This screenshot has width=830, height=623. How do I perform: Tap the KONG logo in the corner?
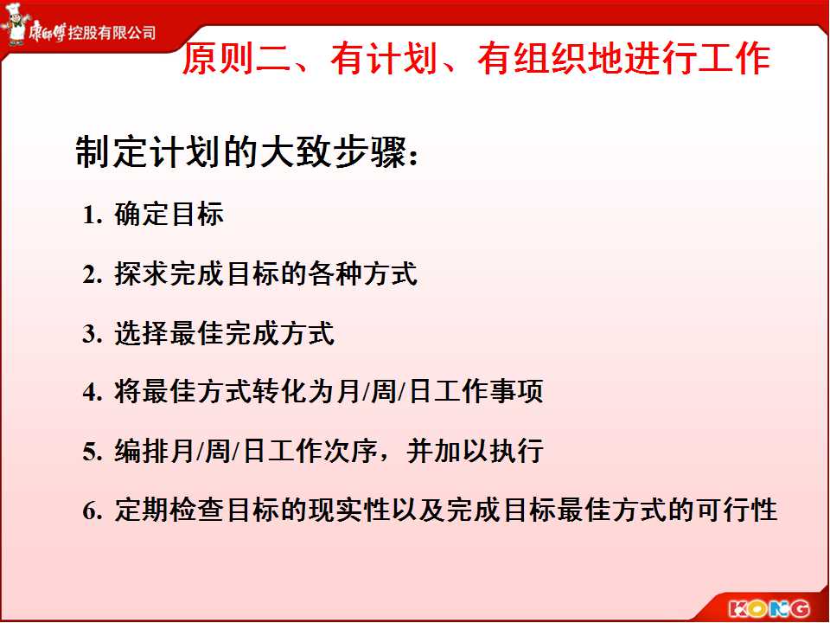(769, 607)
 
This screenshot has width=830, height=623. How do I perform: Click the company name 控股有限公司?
(112, 33)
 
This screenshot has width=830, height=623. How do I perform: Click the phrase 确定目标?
(169, 215)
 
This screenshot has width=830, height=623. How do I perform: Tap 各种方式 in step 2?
(362, 274)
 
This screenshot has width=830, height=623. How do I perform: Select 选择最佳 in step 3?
(169, 333)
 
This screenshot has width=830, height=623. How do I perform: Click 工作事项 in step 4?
(488, 392)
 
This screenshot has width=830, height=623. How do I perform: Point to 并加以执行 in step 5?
(475, 452)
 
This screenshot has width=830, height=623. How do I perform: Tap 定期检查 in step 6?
(169, 511)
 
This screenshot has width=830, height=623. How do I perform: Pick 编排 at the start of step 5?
(141, 452)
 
